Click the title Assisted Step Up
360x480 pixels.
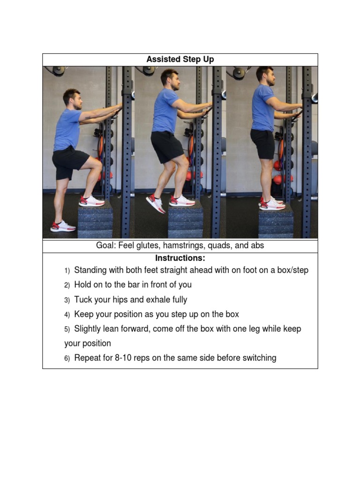click(180, 60)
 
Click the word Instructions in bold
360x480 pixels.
click(180, 258)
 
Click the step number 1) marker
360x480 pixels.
click(67, 271)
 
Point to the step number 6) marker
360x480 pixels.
click(67, 359)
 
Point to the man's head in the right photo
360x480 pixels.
click(265, 75)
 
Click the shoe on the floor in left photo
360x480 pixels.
click(63, 226)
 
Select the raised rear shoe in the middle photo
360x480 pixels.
click(156, 203)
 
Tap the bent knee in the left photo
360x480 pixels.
click(96, 165)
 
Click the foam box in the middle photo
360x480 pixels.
click(185, 221)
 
